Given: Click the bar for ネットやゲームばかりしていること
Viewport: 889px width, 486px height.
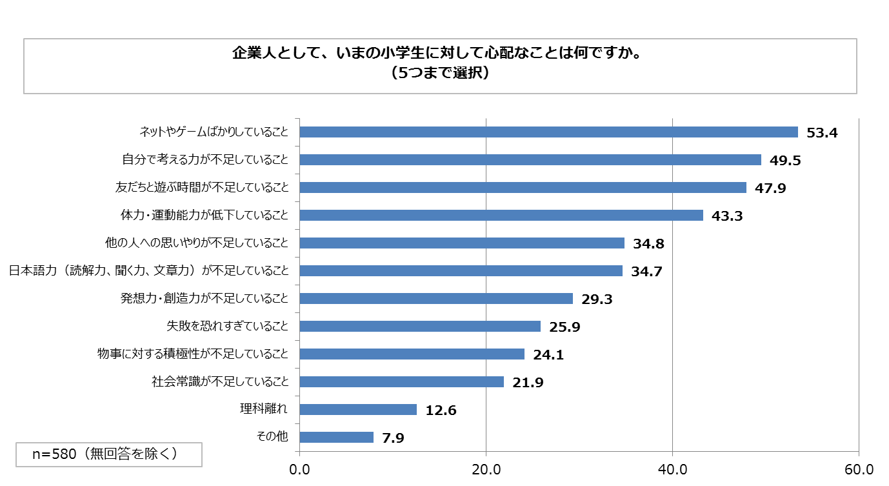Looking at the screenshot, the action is coord(548,132).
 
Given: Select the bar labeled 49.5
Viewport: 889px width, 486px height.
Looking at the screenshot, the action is coord(530,159).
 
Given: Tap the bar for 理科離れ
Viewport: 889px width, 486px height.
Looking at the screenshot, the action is coord(358,409).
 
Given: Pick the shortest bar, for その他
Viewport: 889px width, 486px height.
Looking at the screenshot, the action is coord(337,437).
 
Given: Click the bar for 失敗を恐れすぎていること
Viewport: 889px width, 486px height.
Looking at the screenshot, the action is coord(420,326).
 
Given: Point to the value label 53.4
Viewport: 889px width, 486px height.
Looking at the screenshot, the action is coord(822,132).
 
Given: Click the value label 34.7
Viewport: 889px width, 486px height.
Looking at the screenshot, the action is coord(646,272).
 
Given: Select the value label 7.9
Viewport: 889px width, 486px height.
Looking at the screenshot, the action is coord(393,438).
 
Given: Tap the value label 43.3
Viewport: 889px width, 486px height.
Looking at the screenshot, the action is coord(726,216).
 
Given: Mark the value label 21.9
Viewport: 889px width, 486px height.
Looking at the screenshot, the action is coord(528,382).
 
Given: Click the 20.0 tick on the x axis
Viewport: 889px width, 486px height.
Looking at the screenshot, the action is coord(486,470).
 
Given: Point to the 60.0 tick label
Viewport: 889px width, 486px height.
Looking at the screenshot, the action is coord(859,470).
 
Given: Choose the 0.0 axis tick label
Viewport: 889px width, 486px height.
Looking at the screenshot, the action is coord(299,470).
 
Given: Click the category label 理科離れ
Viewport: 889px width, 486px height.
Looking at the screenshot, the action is coord(263,409).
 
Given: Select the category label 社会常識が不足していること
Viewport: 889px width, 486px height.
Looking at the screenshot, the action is coord(220,381).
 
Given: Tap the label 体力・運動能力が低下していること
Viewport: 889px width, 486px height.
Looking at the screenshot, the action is coord(205,215).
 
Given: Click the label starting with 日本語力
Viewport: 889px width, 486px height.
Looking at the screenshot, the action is coord(149,270).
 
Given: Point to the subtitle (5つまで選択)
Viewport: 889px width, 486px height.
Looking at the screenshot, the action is coord(440,73).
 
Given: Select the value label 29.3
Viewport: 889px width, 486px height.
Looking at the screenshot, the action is coord(597,299).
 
